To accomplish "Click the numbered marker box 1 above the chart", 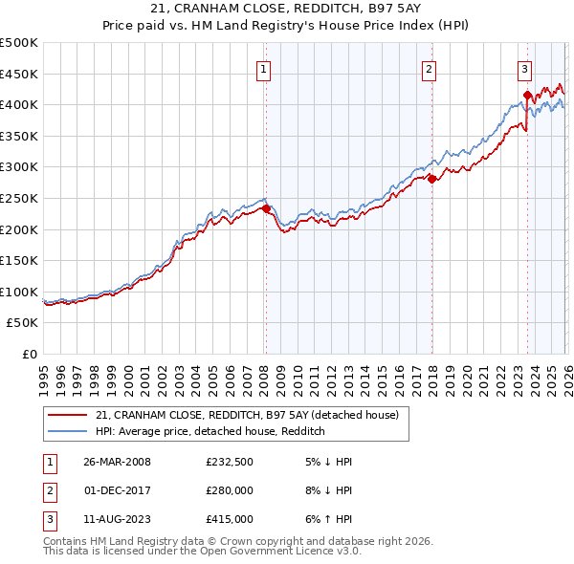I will click(x=263, y=69).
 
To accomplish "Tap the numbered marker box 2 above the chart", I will click(x=430, y=69).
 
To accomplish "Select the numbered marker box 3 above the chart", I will click(x=525, y=69).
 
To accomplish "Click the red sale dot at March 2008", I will click(x=266, y=208).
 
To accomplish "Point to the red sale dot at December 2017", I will click(x=431, y=179).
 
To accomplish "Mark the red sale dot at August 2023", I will click(x=527, y=95).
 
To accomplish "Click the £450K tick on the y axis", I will click(x=19, y=74).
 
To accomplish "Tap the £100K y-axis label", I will click(x=19, y=292).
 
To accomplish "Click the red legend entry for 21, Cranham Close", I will click(x=253, y=415).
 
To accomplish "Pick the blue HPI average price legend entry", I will click(x=210, y=432).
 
